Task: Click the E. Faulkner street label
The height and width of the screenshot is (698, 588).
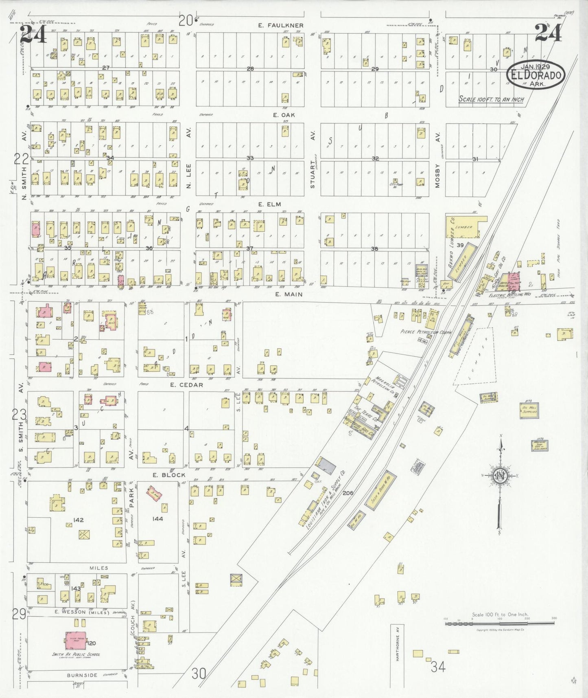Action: click(x=281, y=25)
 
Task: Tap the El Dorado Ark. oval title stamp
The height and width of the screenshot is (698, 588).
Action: click(x=536, y=75)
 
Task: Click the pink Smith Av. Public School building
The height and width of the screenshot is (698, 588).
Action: click(x=76, y=643)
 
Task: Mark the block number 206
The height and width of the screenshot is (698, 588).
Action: click(x=348, y=493)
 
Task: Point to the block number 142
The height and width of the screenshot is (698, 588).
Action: click(x=78, y=520)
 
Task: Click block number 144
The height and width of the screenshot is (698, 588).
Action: click(x=157, y=519)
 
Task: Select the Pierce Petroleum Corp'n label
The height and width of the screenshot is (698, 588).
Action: click(x=426, y=332)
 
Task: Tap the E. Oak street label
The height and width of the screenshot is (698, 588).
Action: click(x=284, y=115)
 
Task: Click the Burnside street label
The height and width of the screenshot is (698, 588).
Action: click(x=82, y=675)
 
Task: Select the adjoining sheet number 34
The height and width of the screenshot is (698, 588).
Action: click(x=438, y=667)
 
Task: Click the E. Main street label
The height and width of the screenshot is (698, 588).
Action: click(x=289, y=294)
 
